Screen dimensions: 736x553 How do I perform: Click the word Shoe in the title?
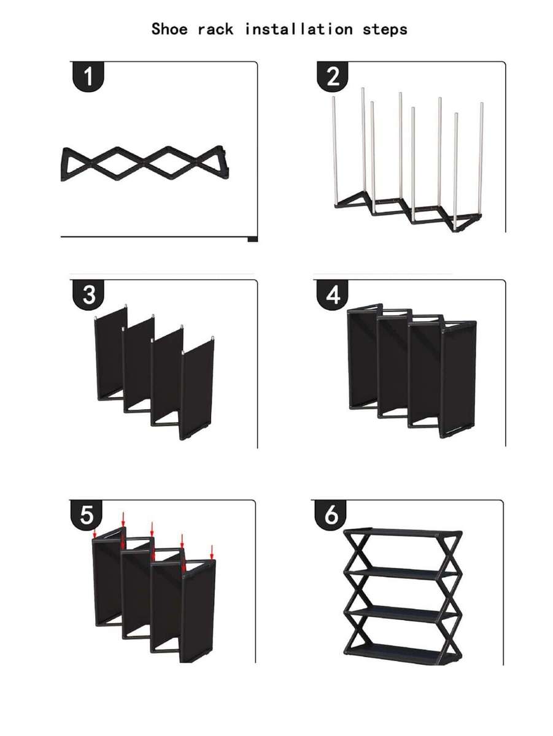tap(171, 29)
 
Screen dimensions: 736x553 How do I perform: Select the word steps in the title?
tap(385, 29)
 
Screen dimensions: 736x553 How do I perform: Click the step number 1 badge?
tap(88, 77)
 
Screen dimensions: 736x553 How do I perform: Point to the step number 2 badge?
tap(333, 77)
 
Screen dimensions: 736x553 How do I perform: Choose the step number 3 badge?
tap(88, 294)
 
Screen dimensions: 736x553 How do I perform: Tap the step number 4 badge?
tap(333, 295)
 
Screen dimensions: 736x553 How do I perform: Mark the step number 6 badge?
tap(331, 516)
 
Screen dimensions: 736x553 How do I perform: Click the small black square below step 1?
tap(252, 239)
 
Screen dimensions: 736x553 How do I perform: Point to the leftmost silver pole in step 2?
tap(335, 150)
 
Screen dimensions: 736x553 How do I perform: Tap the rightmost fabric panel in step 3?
tap(198, 389)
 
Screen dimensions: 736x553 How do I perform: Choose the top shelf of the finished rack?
tap(402, 532)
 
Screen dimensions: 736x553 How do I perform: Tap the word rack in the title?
tap(217, 29)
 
